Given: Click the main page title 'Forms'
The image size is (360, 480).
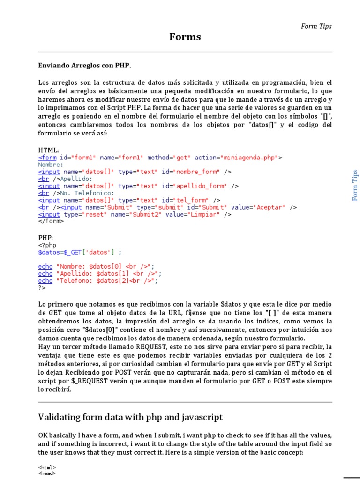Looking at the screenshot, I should click(x=185, y=37).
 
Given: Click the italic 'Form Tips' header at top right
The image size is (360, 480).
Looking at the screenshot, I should click(x=316, y=26).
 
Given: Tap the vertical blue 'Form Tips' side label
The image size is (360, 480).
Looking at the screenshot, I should click(x=355, y=185).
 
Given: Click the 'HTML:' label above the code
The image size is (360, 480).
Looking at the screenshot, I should click(x=48, y=150).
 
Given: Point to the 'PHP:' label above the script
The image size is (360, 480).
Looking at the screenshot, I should click(x=45, y=238).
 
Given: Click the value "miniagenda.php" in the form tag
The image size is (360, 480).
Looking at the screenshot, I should click(x=250, y=157).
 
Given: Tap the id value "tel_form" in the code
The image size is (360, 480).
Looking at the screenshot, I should click(x=193, y=200).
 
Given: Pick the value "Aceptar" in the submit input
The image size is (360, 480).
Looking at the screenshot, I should click(x=270, y=207).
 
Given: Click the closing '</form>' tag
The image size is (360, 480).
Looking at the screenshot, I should click(x=51, y=221).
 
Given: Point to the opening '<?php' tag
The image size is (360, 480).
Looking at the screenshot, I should click(x=47, y=245).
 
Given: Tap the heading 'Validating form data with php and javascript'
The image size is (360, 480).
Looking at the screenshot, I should click(x=130, y=417).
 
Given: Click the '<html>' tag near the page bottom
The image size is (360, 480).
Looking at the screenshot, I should click(x=47, y=467).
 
